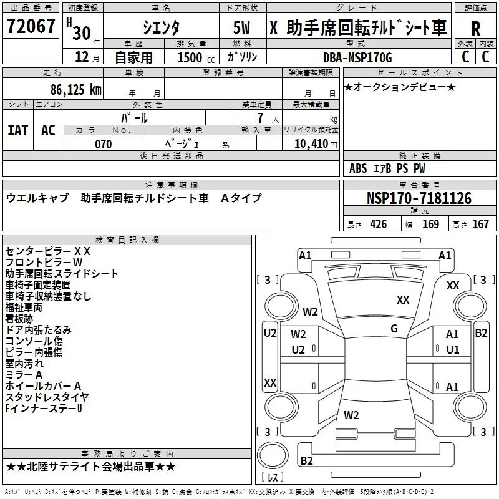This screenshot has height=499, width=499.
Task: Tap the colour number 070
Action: click(104, 145)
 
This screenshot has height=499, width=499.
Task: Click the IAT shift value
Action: click(17, 130)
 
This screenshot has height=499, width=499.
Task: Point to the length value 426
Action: click(378, 224)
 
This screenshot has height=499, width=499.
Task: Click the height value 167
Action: click(480, 224)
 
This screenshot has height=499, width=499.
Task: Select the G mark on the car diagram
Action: click(394, 329)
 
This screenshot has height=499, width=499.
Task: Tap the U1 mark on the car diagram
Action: click(452, 350)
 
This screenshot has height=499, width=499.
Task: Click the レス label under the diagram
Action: click(273, 479)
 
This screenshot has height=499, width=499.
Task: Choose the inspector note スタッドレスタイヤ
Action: click(47, 397)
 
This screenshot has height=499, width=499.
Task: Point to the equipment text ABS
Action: click(358, 168)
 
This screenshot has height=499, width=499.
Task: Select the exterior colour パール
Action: click(134, 117)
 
